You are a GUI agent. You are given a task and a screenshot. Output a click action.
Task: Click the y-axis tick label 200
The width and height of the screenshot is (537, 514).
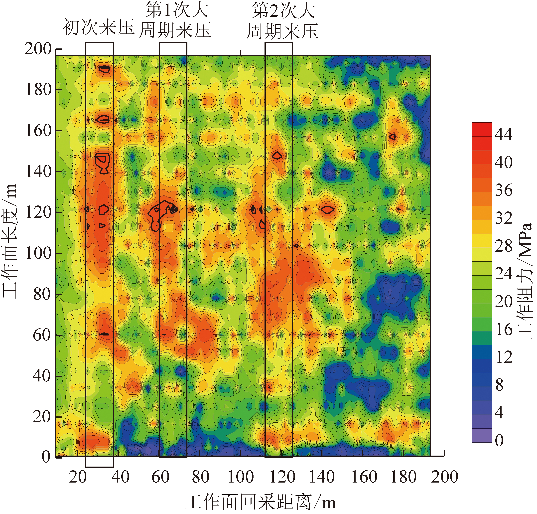pyautogui.click(x=38, y=49)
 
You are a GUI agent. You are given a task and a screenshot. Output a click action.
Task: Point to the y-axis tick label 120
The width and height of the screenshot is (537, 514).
pyautogui.click(x=38, y=213)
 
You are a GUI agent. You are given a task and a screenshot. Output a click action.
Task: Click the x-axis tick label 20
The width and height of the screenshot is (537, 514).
pyautogui.click(x=78, y=477)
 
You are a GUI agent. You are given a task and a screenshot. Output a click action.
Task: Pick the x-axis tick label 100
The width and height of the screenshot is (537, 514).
pyautogui.click(x=241, y=477)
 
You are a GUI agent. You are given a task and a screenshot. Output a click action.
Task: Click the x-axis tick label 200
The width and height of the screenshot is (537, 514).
pyautogui.click(x=444, y=477)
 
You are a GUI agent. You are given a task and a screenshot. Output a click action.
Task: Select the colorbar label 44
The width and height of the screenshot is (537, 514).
pyautogui.click(x=504, y=135)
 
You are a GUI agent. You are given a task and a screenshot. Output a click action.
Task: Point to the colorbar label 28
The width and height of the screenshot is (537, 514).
pyautogui.click(x=504, y=246)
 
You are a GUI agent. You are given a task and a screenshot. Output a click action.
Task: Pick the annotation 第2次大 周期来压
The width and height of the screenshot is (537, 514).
pyautogui.click(x=282, y=20)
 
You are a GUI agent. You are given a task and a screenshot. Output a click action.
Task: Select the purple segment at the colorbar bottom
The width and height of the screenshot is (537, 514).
pyautogui.click(x=482, y=435)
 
